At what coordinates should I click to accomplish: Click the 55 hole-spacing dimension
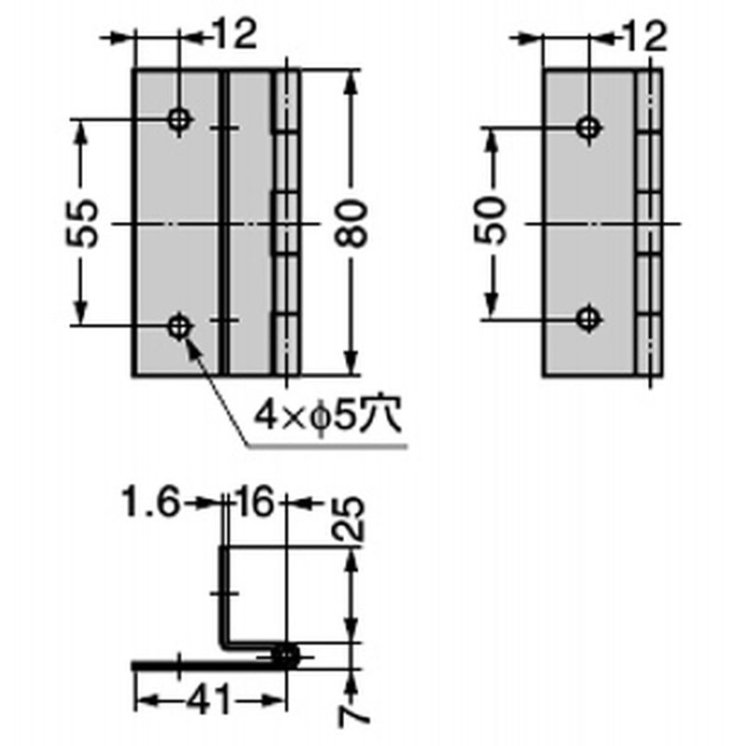[85, 223]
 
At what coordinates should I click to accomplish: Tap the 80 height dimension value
[352, 223]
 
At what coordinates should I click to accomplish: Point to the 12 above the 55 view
[233, 37]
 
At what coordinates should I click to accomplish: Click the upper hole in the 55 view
[179, 119]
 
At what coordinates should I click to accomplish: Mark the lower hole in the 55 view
[179, 326]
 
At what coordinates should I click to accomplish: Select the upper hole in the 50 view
[587, 128]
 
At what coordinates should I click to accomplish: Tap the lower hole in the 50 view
[587, 318]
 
